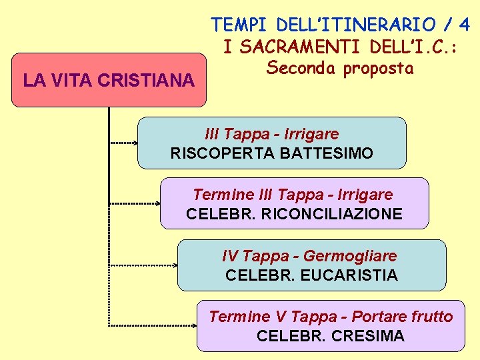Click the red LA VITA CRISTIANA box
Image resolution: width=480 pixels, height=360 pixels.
pyautogui.click(x=109, y=80)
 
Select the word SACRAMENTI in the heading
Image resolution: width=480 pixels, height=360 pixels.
pyautogui.click(x=289, y=47)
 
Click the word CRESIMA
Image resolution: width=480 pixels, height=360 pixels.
pyautogui.click(x=367, y=336)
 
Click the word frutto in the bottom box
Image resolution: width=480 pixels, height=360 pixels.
pyautogui.click(x=431, y=317)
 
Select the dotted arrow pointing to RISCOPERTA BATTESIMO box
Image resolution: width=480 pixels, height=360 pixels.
pyautogui.click(x=123, y=143)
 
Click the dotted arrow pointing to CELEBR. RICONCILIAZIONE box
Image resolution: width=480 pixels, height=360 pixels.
pyautogui.click(x=135, y=203)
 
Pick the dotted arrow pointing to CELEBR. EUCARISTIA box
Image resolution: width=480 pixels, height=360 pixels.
pyautogui.click(x=143, y=265)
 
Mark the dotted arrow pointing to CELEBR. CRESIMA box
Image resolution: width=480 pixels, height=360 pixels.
pyautogui.click(x=153, y=325)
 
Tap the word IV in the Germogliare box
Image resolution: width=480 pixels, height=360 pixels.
pyautogui.click(x=230, y=256)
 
